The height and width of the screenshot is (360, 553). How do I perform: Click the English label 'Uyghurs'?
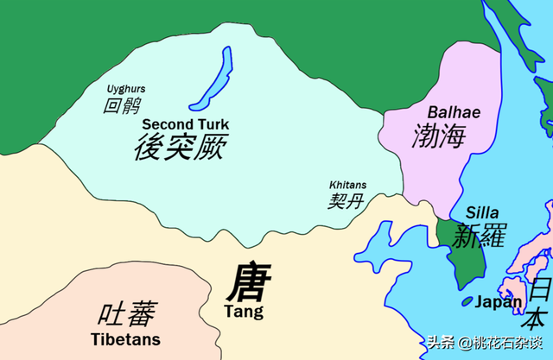pos(125,89)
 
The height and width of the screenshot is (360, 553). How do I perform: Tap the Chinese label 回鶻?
pos(122,106)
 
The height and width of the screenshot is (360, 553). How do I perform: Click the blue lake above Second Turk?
pos(211,79)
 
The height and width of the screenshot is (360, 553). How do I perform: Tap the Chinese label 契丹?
pos(345,202)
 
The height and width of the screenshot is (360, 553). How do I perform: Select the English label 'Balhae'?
pos(454,112)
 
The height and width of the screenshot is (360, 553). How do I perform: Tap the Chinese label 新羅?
pos(480,234)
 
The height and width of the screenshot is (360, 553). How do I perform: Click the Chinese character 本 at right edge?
pos(541,316)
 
